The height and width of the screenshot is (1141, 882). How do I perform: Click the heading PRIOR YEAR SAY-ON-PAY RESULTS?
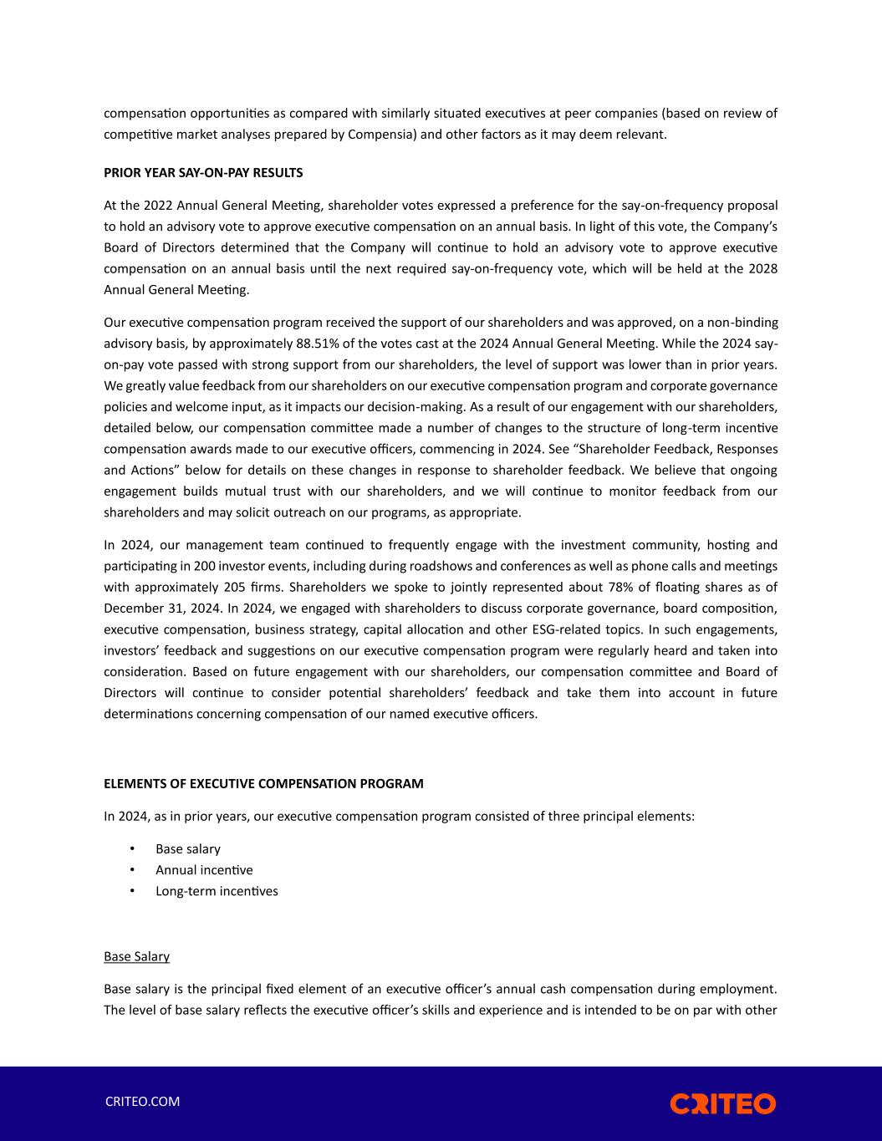pyautogui.click(x=203, y=173)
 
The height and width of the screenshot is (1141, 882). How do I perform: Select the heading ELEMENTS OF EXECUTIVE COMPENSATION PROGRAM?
pyautogui.click(x=263, y=784)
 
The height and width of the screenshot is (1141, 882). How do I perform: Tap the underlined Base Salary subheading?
pyautogui.click(x=136, y=956)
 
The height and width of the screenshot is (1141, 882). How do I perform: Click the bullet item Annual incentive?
pyautogui.click(x=204, y=870)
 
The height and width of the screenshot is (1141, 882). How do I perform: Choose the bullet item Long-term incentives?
pyautogui.click(x=217, y=891)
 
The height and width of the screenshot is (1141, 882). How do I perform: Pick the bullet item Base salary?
pyautogui.click(x=188, y=849)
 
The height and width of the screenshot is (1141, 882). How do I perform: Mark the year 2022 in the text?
pyautogui.click(x=158, y=206)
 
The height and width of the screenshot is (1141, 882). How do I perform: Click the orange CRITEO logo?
pyautogui.click(x=722, y=1103)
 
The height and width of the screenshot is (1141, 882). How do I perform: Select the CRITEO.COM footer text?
pyautogui.click(x=142, y=1102)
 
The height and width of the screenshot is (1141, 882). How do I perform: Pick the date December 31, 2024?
pyautogui.click(x=160, y=608)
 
